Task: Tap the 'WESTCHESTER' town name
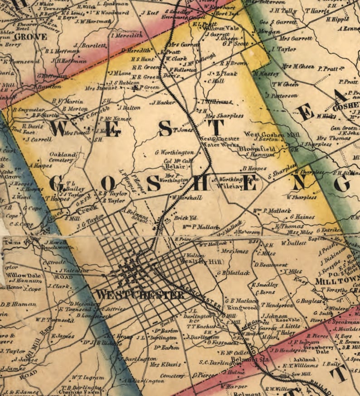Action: pyautogui.click(x=140, y=295)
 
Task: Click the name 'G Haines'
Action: pyautogui.click(x=302, y=217)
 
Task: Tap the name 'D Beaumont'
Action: pyautogui.click(x=271, y=265)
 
